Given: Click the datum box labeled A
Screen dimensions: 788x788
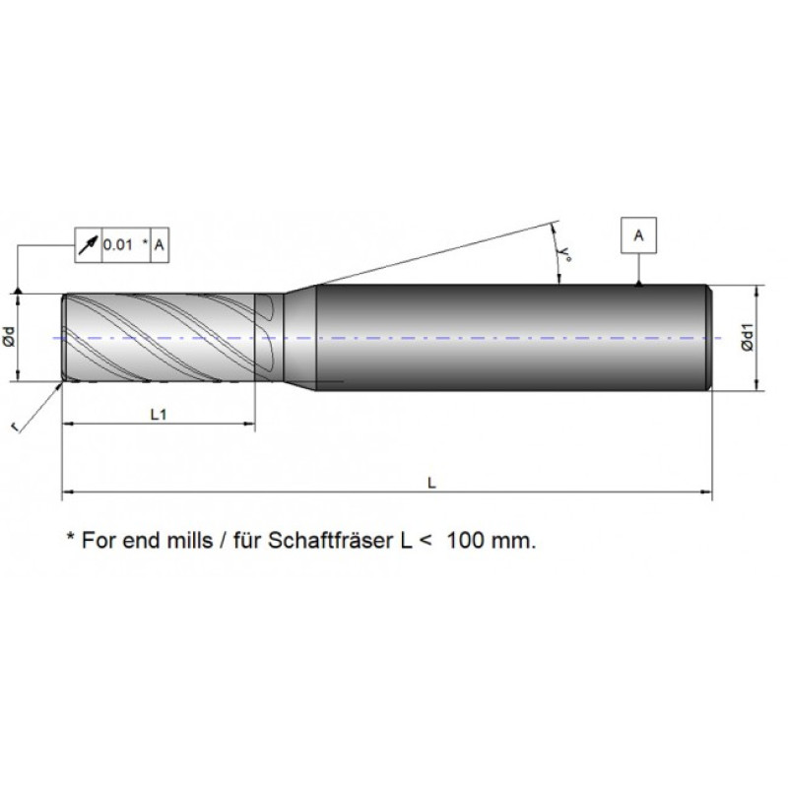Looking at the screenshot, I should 639,236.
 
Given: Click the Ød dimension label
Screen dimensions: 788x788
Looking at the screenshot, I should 9,337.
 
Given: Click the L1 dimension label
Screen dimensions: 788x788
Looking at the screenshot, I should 158,416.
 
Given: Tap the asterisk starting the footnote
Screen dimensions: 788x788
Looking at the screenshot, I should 69,538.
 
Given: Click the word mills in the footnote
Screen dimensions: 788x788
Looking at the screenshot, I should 183,541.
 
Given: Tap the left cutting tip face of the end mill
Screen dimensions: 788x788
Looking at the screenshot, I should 65,338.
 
